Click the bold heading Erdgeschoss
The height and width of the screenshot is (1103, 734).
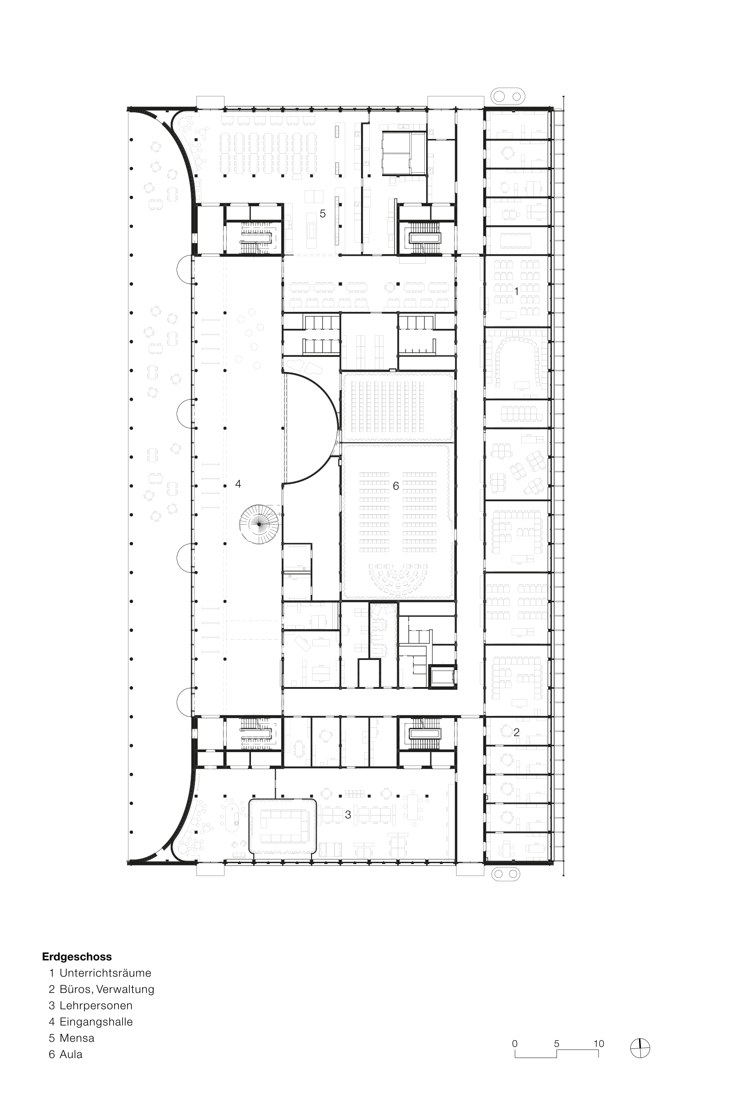pyautogui.click(x=77, y=957)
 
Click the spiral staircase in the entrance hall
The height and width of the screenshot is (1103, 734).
pyautogui.click(x=259, y=524)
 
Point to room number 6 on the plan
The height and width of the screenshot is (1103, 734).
pyautogui.click(x=396, y=486)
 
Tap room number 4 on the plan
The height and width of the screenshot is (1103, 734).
pyautogui.click(x=238, y=484)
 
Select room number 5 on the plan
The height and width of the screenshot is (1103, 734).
pyautogui.click(x=323, y=213)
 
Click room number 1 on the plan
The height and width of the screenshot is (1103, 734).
pyautogui.click(x=517, y=291)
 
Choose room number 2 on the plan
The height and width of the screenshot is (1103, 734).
pyautogui.click(x=517, y=732)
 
